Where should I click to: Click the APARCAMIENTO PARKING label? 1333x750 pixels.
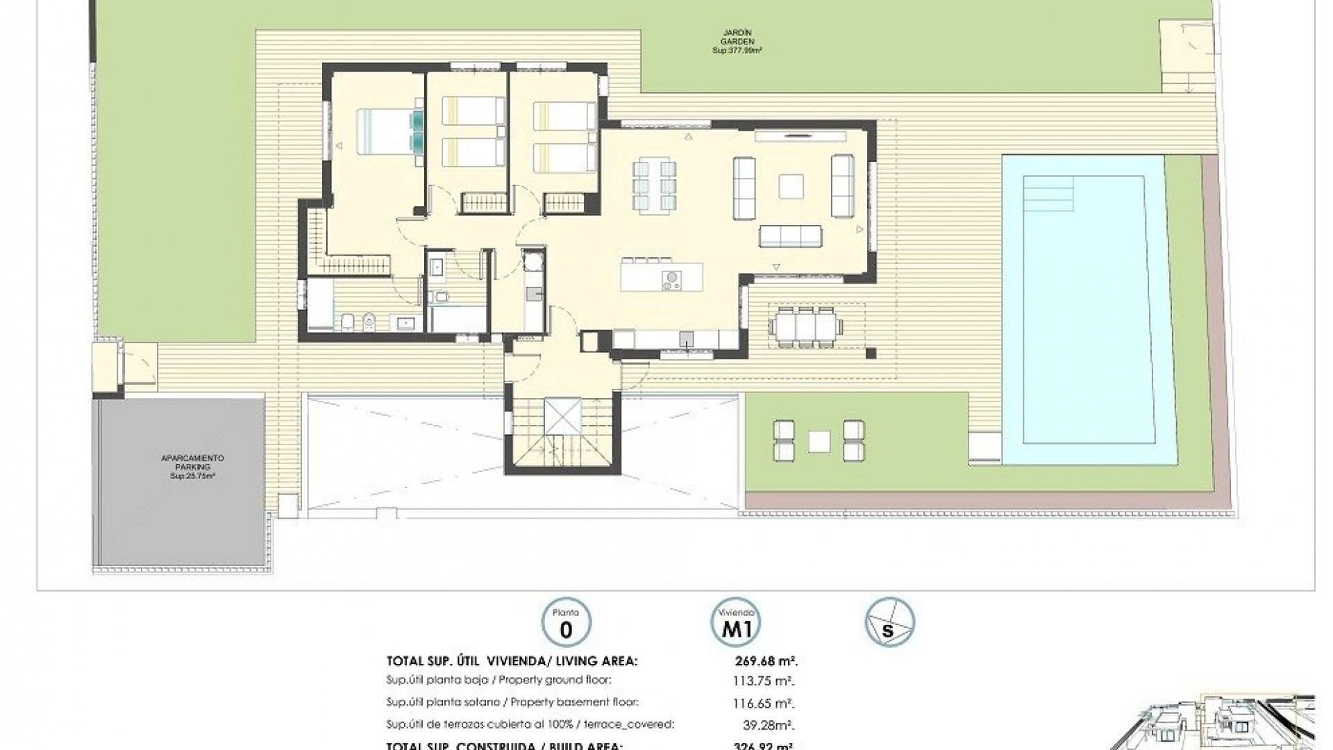pos(192,467)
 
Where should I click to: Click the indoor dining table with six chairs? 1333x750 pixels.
pos(653,184)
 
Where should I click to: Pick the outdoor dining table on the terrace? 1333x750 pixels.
pos(806,326)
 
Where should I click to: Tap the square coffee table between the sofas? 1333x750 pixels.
pos(791,186)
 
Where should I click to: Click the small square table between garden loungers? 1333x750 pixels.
pos(819,440)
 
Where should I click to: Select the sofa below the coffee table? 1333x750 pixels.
pos(791,236)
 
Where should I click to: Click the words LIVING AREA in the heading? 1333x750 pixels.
pos(596,662)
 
